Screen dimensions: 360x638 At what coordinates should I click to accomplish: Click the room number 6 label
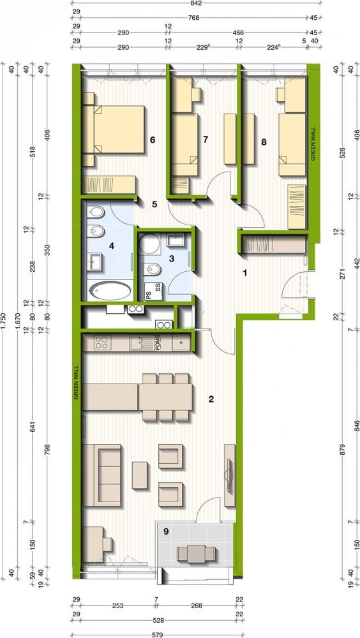tap(153, 140)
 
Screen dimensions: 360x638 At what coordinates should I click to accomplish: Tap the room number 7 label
tap(206, 140)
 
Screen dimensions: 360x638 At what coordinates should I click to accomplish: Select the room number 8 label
tap(264, 142)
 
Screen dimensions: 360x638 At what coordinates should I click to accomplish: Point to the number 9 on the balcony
tap(166, 531)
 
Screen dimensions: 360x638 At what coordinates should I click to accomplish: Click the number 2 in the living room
tap(211, 399)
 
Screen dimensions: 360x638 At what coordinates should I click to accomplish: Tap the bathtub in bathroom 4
tap(110, 292)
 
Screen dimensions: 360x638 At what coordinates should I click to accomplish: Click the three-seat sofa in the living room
tap(102, 475)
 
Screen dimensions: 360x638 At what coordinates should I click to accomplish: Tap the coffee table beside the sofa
tap(139, 475)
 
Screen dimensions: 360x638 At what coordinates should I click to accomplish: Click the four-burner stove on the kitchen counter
tap(101, 342)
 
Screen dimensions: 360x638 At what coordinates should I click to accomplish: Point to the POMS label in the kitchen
tap(159, 342)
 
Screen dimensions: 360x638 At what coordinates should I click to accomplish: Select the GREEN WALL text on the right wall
tap(313, 145)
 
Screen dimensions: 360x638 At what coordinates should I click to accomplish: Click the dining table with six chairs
tap(165, 397)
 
